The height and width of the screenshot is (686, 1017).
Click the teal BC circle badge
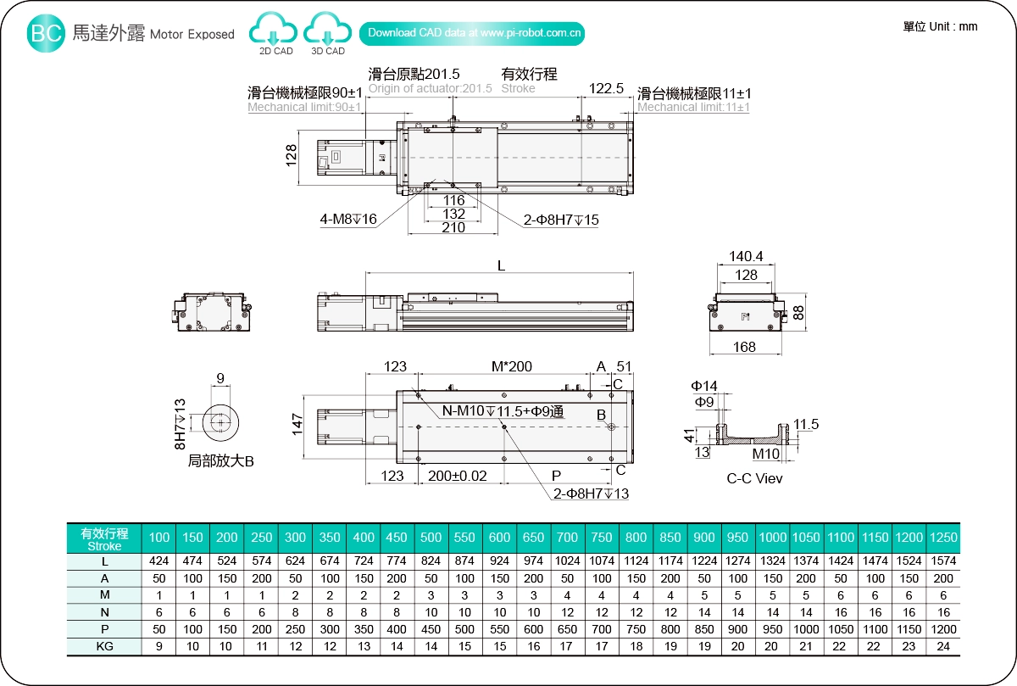(x=47, y=33)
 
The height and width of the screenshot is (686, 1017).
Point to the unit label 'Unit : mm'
(x=940, y=26)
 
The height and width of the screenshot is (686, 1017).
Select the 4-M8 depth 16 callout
(x=348, y=220)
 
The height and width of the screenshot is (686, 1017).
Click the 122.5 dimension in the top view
(x=606, y=88)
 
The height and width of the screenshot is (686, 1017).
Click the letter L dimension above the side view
(x=501, y=265)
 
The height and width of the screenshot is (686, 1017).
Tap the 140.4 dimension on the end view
(x=746, y=256)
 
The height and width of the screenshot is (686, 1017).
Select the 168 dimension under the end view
(x=745, y=346)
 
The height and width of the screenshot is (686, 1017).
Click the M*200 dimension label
(x=512, y=366)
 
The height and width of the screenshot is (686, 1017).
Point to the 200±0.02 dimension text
(x=458, y=475)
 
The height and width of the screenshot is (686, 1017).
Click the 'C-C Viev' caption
(x=755, y=478)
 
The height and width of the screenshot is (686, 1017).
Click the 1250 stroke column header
(x=943, y=538)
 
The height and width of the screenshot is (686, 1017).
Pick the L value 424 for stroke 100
(x=159, y=561)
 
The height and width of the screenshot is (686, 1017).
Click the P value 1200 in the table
(x=943, y=629)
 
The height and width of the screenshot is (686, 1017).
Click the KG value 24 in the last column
(x=943, y=647)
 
